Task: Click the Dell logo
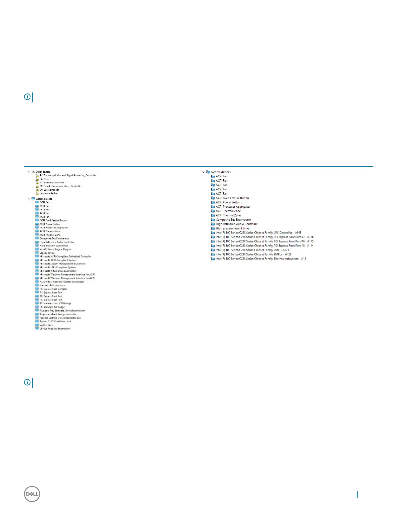click(32, 494)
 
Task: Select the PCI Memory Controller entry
click(52, 183)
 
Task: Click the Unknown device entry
click(48, 193)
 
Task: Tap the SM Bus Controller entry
click(49, 190)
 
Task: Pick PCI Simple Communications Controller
click(60, 186)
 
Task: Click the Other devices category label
click(43, 172)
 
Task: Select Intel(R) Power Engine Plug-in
click(55, 249)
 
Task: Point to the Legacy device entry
click(47, 253)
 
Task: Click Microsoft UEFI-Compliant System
click(57, 268)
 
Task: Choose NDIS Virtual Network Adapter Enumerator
click(62, 282)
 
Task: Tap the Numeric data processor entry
click(52, 286)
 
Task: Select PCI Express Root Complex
click(53, 289)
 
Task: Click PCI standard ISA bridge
click(52, 307)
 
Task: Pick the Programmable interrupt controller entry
click(58, 314)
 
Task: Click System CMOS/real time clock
click(55, 322)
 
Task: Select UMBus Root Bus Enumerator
click(55, 329)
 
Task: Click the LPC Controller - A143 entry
click(258, 233)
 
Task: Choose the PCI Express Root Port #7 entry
click(264, 237)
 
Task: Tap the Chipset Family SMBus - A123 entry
click(253, 254)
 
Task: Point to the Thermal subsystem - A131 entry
click(261, 259)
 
